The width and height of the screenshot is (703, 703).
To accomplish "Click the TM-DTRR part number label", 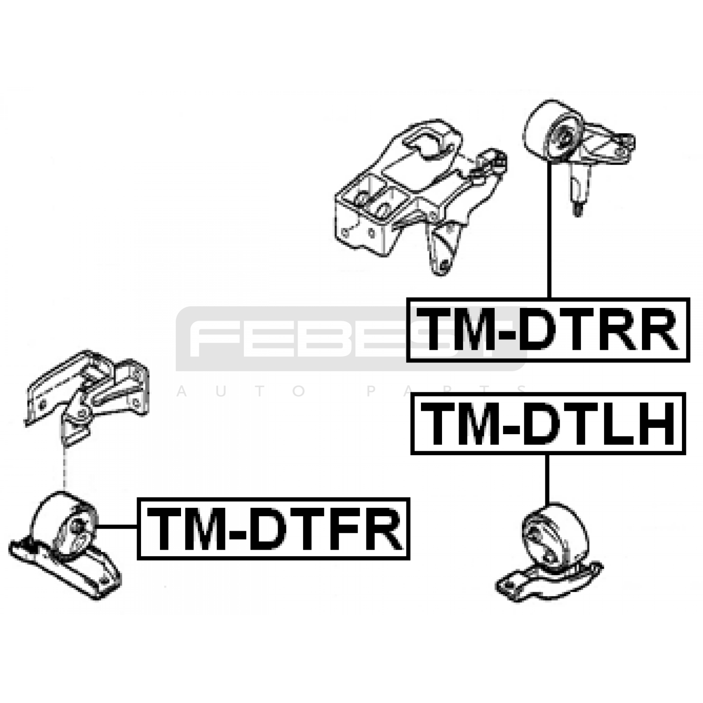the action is [548, 330].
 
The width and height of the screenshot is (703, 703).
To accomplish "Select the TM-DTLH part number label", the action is [548, 424].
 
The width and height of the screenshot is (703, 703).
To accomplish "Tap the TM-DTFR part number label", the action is [273, 529].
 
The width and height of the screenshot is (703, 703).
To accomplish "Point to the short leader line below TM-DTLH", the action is [547, 479].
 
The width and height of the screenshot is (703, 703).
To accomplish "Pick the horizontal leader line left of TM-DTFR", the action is [117, 526].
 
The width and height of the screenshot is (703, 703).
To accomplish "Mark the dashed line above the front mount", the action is [64, 468].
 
